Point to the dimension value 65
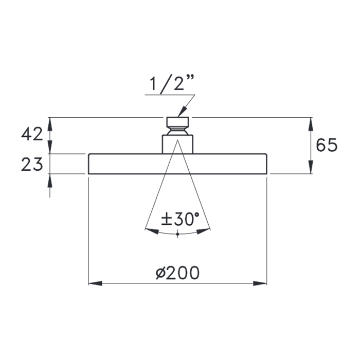pyautogui.click(x=327, y=146)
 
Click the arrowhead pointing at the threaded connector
pyautogui.click(x=181, y=112)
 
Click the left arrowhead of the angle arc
pyautogui.click(x=152, y=231)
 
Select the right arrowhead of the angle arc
pyautogui.click(x=204, y=231)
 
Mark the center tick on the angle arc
pyautogui.click(x=177, y=234)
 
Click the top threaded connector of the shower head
pyautogui.click(x=177, y=123)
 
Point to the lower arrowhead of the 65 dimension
pyautogui.click(x=311, y=168)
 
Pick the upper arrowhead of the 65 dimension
pyautogui.click(x=311, y=124)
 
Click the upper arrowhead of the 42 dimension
pyautogui.click(x=50, y=124)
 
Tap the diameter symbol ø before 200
pyautogui.click(x=160, y=273)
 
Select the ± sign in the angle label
pyautogui.click(x=166, y=220)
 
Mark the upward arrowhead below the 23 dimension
pyautogui.click(x=50, y=180)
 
